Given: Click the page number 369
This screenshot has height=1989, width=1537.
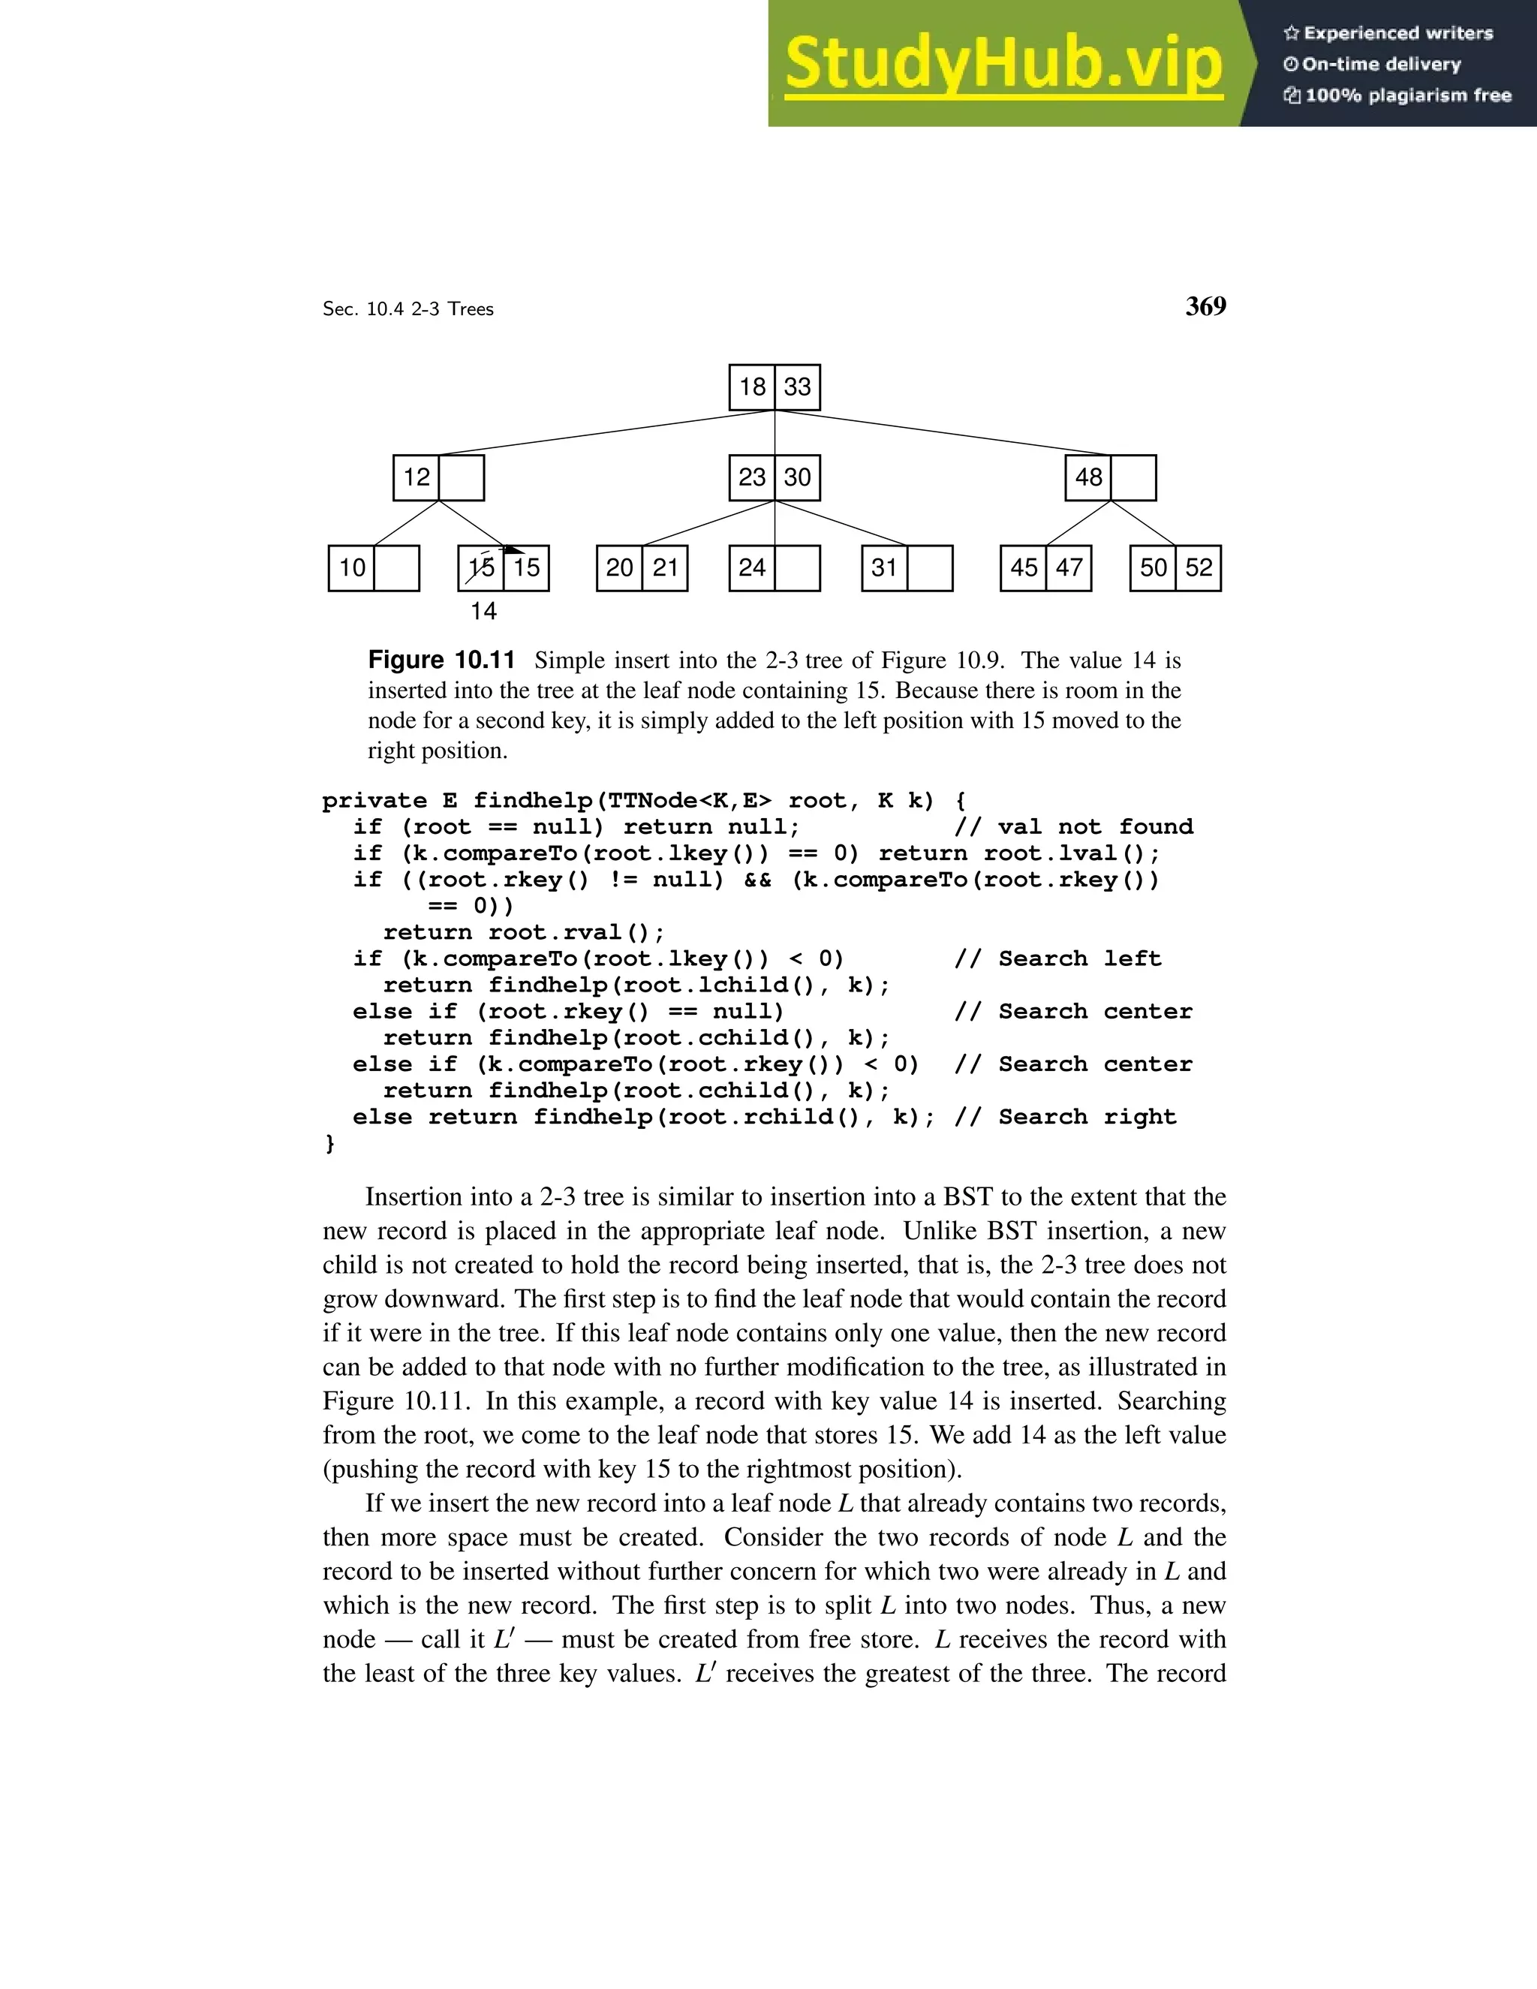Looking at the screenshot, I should click(x=1205, y=306).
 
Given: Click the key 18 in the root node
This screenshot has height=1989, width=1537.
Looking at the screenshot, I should click(x=752, y=387).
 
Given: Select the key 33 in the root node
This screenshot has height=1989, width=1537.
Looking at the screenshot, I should click(x=798, y=387).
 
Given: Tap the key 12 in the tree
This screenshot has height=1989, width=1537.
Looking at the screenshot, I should click(x=416, y=477).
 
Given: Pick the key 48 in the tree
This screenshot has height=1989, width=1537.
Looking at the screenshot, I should click(x=1088, y=477).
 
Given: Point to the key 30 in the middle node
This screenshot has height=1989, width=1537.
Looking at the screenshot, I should click(x=798, y=477).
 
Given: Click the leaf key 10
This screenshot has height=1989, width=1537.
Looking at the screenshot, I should click(x=351, y=568).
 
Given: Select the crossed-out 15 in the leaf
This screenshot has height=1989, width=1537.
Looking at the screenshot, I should click(x=481, y=568).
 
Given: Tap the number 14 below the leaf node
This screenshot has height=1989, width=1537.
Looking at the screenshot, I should click(x=483, y=611).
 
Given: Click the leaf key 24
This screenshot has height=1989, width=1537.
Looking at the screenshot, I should click(x=752, y=568).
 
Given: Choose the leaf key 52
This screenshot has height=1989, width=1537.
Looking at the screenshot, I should click(x=1199, y=568).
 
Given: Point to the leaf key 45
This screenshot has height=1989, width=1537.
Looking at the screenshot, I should click(x=1024, y=568).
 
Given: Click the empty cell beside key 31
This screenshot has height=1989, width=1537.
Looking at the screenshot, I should click(x=930, y=568).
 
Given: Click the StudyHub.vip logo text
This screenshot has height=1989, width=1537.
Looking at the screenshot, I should click(x=1003, y=64).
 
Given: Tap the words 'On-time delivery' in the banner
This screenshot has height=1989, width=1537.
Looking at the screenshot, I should click(x=1382, y=64).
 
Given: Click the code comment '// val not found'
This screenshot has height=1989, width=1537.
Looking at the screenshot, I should click(x=1073, y=827).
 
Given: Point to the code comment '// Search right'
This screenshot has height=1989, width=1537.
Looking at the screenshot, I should click(x=1066, y=1118).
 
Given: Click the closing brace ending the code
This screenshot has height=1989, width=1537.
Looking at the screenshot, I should click(x=329, y=1143).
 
